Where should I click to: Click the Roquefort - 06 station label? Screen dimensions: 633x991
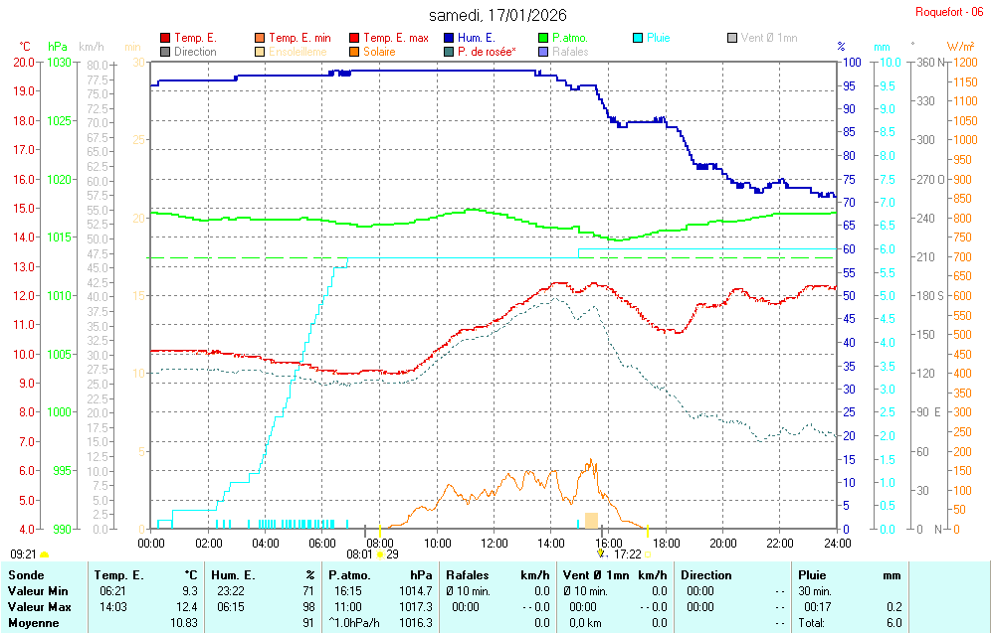951,12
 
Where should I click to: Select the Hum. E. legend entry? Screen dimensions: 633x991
477,38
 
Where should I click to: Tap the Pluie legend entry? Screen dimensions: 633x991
658,38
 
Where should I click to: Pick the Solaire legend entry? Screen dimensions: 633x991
378,52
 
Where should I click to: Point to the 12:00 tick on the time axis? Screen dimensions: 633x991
495,543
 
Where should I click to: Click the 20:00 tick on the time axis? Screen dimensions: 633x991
723,543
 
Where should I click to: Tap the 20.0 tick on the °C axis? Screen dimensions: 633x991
23,62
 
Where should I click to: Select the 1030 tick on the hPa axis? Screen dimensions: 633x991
59,62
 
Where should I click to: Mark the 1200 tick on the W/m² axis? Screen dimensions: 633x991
961,62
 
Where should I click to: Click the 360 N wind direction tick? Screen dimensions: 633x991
929,62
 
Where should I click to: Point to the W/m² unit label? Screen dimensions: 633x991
960,47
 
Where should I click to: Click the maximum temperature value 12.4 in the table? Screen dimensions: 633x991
187,607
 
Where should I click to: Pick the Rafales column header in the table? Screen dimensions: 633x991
469,575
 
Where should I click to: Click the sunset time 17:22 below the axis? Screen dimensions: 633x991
627,554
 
